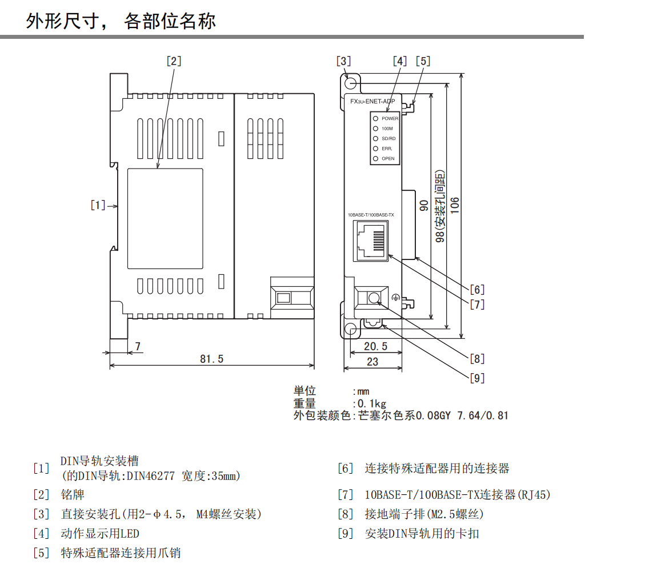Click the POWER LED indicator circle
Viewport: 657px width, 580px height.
click(375, 119)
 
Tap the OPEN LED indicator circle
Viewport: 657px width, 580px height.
click(375, 158)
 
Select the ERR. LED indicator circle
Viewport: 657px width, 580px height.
click(375, 149)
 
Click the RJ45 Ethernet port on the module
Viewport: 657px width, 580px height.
click(371, 241)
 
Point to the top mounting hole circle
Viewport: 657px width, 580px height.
click(351, 83)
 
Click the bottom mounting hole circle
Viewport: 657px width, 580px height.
click(351, 330)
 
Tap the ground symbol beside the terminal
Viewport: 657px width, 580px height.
click(395, 298)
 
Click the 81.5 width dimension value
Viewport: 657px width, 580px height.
click(211, 359)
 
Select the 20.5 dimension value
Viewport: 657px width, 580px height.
click(375, 347)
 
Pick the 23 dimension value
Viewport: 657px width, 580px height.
click(372, 362)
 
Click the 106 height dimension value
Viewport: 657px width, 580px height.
click(455, 205)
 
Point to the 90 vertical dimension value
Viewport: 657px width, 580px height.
click(423, 205)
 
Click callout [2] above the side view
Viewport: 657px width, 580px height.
click(174, 61)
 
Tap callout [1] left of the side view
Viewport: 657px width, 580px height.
click(98, 205)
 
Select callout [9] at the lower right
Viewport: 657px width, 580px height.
click(477, 378)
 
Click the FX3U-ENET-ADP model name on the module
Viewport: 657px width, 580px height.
click(372, 101)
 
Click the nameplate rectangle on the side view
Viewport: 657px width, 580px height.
click(165, 219)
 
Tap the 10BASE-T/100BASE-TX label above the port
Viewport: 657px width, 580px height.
click(371, 215)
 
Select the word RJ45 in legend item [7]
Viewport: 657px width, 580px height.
click(534, 495)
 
